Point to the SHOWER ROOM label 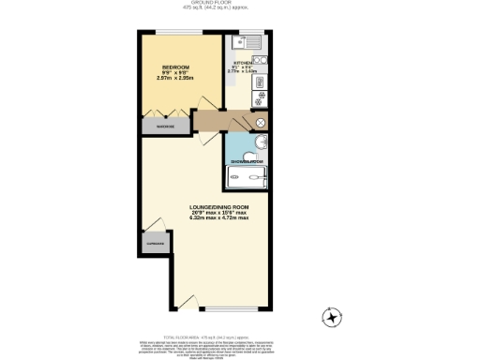(x=247, y=161)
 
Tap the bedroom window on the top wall (x=183, y=34)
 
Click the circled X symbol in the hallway (x=261, y=122)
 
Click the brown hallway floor (x=220, y=121)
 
